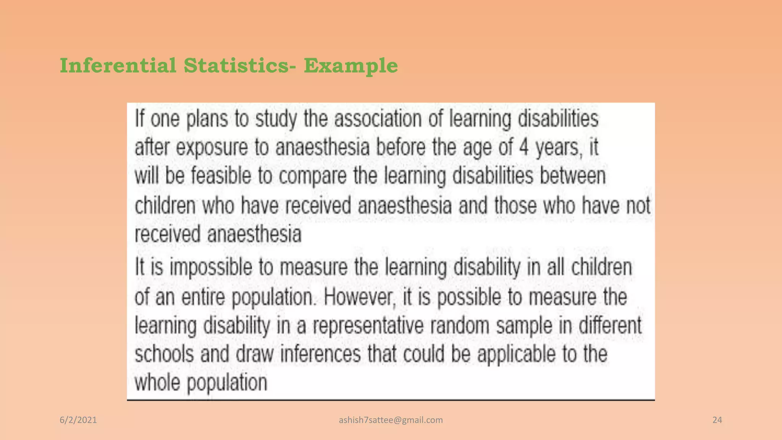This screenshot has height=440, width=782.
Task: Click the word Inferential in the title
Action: [x=118, y=65]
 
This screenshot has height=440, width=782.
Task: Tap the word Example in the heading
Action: [x=351, y=65]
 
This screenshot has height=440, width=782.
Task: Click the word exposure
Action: [x=212, y=148]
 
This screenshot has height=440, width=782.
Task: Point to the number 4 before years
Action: [x=523, y=147]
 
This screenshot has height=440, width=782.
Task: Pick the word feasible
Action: [x=221, y=176]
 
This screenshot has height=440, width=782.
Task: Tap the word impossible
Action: [x=211, y=267]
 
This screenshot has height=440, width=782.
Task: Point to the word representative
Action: [x=368, y=326]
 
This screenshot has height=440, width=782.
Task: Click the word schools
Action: [x=165, y=354]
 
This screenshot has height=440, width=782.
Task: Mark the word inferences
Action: [x=320, y=354]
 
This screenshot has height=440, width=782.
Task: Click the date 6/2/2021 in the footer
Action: [x=78, y=420]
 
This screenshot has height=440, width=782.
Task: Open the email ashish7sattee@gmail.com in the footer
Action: [x=391, y=420]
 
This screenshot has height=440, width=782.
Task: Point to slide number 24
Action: [x=717, y=420]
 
